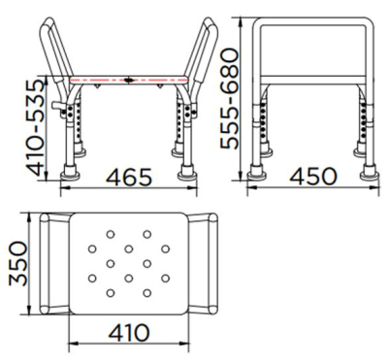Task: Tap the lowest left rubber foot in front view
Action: (x=72, y=177)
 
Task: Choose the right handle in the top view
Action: (x=206, y=265)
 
